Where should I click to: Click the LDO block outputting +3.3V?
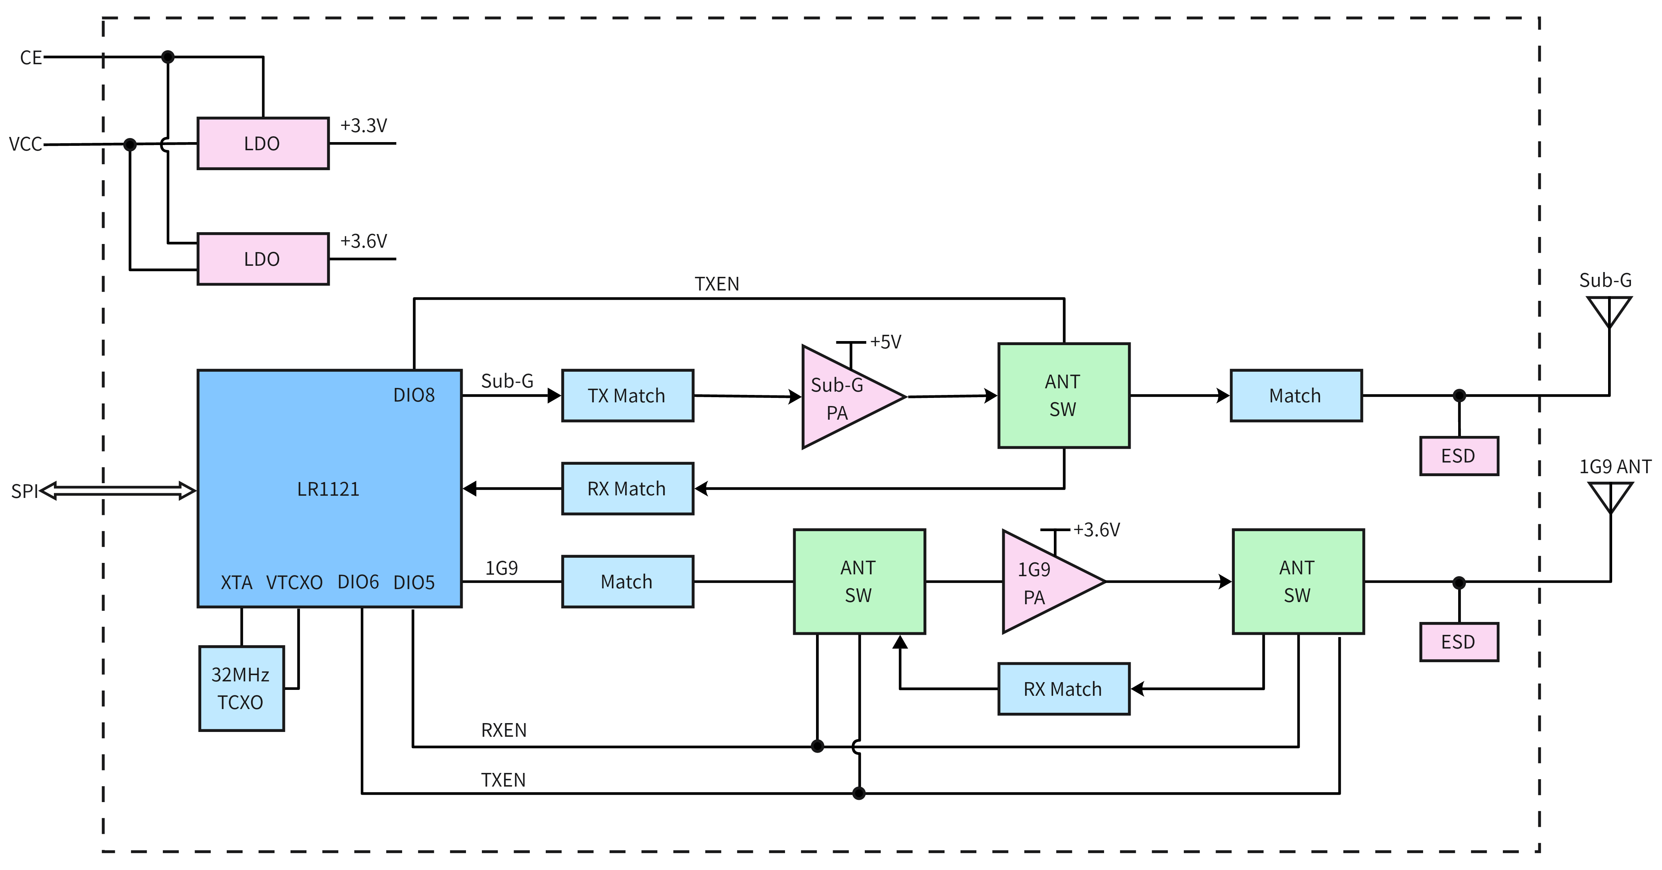263,143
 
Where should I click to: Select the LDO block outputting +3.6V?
263,259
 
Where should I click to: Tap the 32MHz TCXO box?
241,688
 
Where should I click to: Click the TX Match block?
627,395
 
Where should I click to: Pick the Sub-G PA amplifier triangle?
845,397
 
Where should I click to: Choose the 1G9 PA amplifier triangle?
1045,582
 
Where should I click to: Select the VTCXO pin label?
294,582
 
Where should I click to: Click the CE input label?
30,58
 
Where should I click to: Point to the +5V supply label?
885,342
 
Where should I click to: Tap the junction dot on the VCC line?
130,144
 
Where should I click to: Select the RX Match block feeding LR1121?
627,488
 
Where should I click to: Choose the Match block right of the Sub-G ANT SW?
1296,395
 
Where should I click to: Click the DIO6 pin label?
358,582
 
